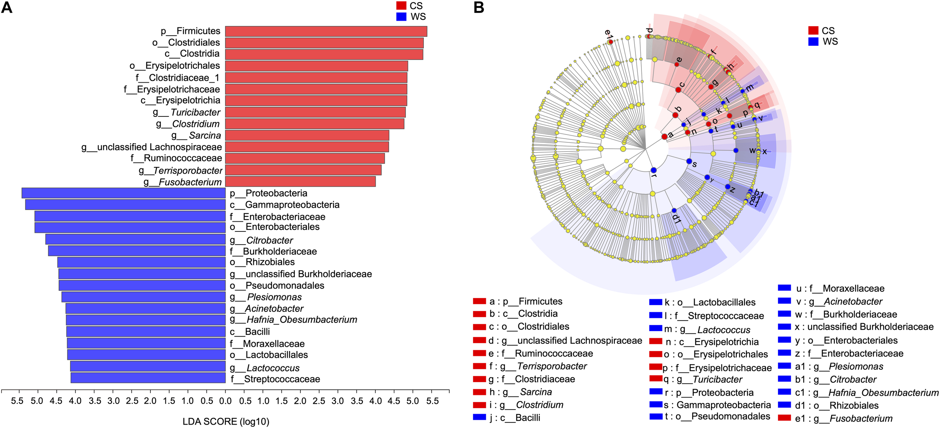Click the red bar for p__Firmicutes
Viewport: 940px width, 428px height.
pos(326,31)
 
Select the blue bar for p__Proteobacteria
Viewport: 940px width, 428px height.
pos(124,193)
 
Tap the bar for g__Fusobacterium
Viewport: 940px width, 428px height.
pos(300,181)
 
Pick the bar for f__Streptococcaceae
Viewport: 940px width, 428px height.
pos(148,378)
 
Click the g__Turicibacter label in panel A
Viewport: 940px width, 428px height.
pos(186,112)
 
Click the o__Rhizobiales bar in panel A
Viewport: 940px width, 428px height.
pos(141,262)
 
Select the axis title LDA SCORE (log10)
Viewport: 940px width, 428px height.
pos(226,422)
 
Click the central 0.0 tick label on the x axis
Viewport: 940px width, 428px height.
pos(225,401)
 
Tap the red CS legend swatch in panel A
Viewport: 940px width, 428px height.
pos(401,6)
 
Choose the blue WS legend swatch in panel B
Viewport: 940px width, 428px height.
pos(813,41)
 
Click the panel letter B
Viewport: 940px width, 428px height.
pos(479,8)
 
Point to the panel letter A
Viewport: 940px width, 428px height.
pos(7,8)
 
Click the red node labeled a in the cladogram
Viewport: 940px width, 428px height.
pos(664,136)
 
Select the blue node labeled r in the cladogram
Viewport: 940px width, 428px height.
pos(654,170)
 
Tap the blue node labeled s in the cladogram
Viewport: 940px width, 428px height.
pos(689,161)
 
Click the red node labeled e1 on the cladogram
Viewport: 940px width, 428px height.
pos(610,42)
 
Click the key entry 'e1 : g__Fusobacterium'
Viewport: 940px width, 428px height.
pos(843,419)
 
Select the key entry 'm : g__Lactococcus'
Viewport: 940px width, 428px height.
pos(707,330)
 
